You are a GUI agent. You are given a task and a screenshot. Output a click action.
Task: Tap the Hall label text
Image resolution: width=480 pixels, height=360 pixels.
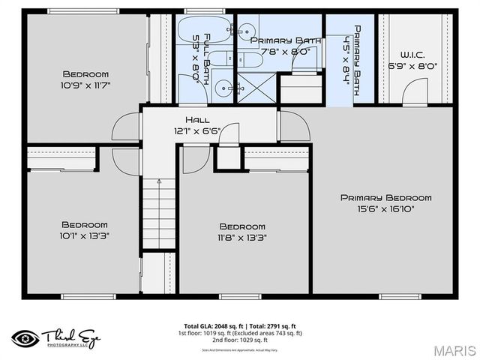tap(197, 120)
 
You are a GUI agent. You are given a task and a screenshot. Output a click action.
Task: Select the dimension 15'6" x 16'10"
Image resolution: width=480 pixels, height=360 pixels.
tap(385, 208)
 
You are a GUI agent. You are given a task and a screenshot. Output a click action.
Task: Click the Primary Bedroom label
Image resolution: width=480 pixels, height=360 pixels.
tap(385, 198)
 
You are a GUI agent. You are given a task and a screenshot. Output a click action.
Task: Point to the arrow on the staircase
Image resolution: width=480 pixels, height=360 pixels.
tap(158, 182)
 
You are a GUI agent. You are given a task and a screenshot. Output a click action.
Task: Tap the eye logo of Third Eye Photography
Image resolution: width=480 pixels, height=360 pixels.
tap(25, 337)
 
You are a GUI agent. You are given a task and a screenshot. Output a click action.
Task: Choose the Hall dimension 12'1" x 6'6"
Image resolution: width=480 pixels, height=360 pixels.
tap(197, 130)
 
